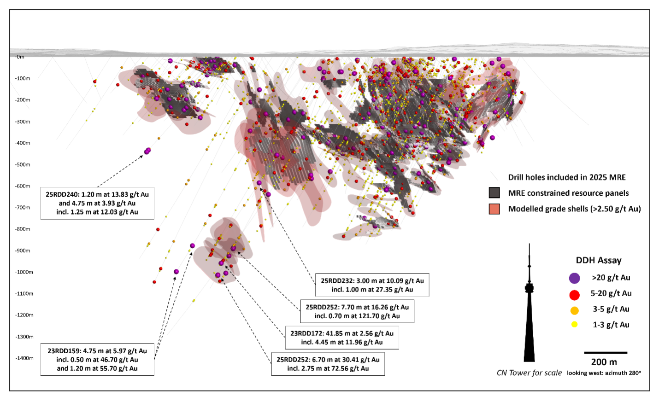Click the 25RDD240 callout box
97,203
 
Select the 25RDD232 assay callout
372,285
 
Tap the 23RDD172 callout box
342,338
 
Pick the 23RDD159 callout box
97,360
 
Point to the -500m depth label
22,164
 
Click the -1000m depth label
24,272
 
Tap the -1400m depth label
24,358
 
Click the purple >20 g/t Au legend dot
574,278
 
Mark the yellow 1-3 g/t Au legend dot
574,325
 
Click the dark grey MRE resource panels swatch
494,192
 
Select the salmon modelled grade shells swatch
494,209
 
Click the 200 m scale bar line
606,353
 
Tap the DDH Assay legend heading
599,261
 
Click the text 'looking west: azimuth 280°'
604,373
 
